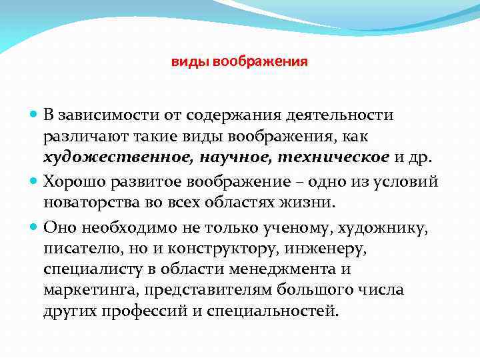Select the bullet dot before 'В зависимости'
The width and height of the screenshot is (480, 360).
click(34, 115)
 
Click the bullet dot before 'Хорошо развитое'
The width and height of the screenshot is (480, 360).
click(34, 181)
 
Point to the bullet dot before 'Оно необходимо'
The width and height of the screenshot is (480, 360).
click(34, 227)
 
